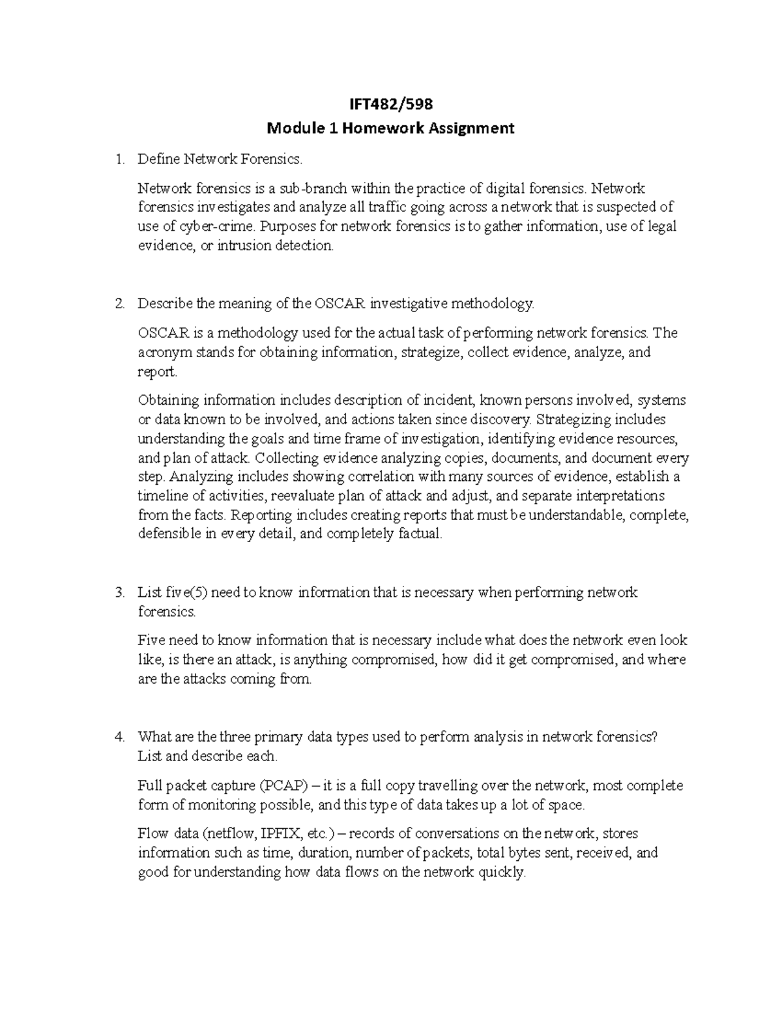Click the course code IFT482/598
tap(391, 104)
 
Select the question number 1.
tap(118, 159)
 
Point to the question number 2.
tap(118, 304)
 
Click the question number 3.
tap(118, 592)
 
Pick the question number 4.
tap(118, 737)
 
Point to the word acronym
tap(162, 353)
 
